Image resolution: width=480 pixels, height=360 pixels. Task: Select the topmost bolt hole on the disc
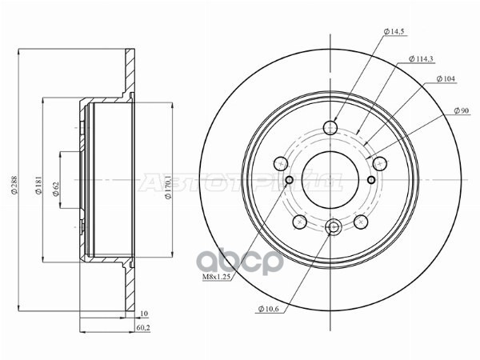coord(331,127)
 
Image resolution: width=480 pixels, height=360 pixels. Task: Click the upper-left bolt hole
coord(281,163)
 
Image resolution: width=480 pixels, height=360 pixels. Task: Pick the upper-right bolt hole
coord(380,163)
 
